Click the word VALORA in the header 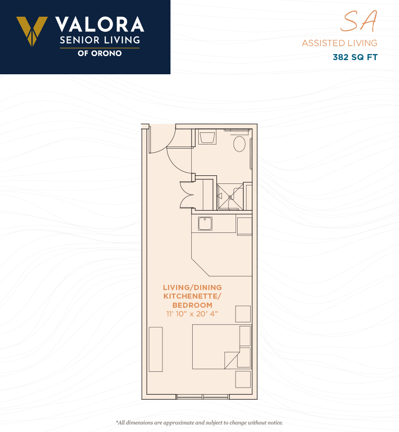tap(99, 24)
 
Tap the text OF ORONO tap(99, 53)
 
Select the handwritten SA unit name tap(359, 21)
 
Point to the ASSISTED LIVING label tap(339, 43)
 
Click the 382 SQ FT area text tap(355, 57)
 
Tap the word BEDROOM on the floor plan tap(192, 305)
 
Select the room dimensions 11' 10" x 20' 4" tap(192, 314)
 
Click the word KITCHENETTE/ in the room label tap(192, 296)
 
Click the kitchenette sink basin tap(205, 223)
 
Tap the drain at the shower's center tap(230, 197)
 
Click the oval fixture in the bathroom tap(240, 144)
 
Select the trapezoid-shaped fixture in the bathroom tap(207, 138)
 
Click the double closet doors tap(187, 195)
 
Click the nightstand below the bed tap(243, 379)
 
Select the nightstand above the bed tap(243, 314)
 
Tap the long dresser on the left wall tap(156, 349)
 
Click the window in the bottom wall tap(203, 397)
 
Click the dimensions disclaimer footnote tap(199, 422)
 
